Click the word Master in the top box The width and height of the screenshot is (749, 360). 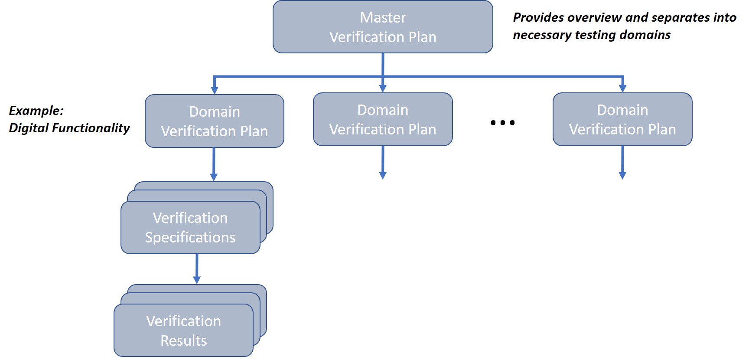(383, 18)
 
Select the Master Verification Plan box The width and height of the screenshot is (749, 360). (383, 27)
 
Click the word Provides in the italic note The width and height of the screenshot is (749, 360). (538, 18)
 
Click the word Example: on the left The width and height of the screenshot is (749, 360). (36, 111)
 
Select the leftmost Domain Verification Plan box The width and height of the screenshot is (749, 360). (214, 121)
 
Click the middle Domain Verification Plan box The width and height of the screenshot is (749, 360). (383, 120)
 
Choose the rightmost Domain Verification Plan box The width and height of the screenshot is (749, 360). (622, 120)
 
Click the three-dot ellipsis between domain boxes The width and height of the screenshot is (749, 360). (502, 123)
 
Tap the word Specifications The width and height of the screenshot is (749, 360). (190, 238)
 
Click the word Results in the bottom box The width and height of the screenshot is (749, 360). (184, 341)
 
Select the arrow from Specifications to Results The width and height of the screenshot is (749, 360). (197, 269)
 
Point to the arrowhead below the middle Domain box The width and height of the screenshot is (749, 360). (383, 175)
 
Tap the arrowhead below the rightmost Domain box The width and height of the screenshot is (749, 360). (622, 175)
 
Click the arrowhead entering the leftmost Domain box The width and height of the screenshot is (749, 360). (214, 90)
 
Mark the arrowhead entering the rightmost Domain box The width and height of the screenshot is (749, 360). (622, 88)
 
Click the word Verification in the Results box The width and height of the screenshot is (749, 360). (184, 321)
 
